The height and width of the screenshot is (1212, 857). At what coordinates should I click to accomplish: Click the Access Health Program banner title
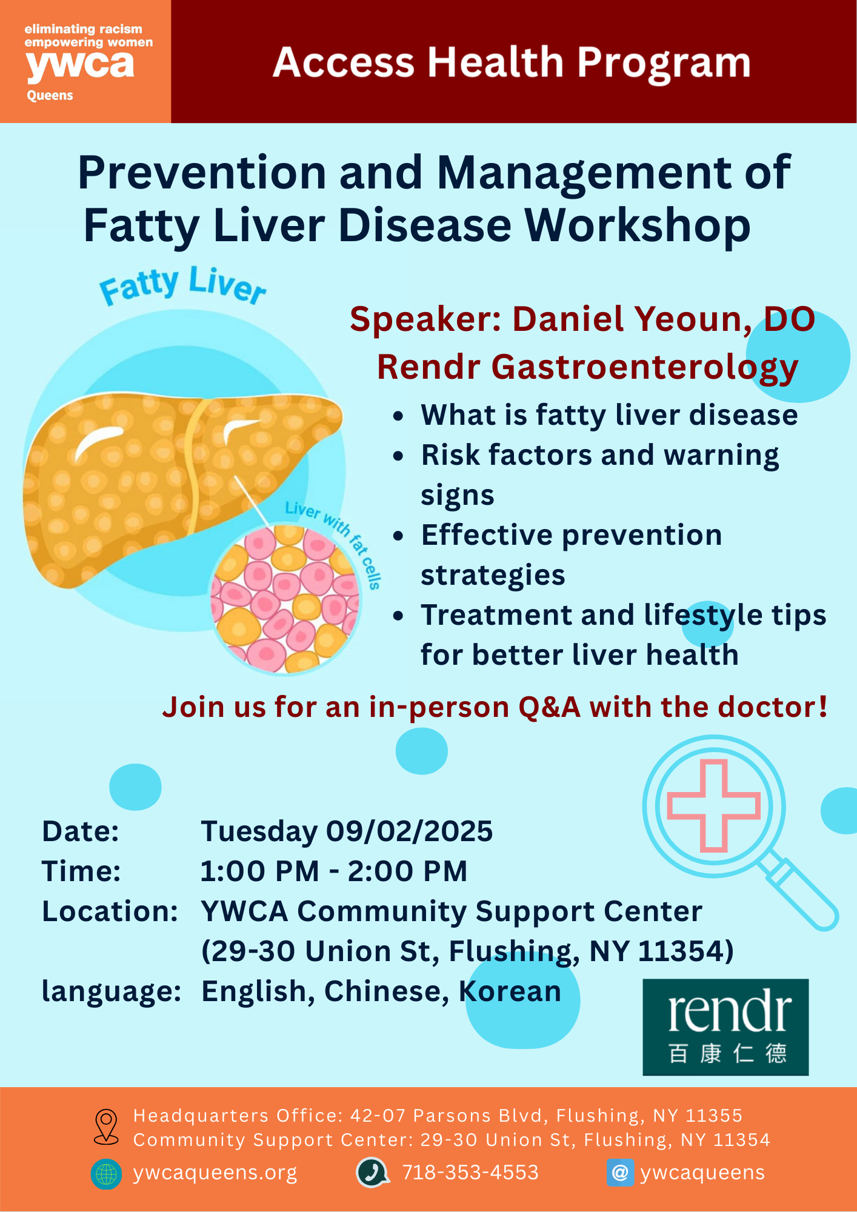click(x=512, y=63)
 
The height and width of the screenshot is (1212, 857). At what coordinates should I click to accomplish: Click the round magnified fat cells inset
click(x=285, y=599)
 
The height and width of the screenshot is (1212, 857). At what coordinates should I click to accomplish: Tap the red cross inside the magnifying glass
click(x=713, y=806)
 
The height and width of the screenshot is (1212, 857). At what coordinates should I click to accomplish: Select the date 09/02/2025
click(x=410, y=831)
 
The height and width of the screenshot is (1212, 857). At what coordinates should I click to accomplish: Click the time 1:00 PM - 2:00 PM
click(x=334, y=871)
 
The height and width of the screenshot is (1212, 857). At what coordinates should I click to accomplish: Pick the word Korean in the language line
click(x=510, y=991)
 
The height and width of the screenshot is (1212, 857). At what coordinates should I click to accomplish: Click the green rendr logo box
click(x=725, y=1027)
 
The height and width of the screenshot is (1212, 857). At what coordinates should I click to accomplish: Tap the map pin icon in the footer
click(x=106, y=1127)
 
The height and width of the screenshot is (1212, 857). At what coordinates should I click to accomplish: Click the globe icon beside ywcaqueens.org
click(x=106, y=1174)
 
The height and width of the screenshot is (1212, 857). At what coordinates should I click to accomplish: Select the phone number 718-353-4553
click(x=470, y=1173)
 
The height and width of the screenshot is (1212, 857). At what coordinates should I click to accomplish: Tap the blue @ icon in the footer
click(x=620, y=1173)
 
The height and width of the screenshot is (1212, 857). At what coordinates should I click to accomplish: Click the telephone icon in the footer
click(x=372, y=1173)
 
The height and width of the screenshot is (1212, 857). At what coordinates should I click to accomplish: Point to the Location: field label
click(x=110, y=911)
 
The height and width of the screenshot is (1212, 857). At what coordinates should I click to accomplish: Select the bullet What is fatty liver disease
click(x=610, y=416)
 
